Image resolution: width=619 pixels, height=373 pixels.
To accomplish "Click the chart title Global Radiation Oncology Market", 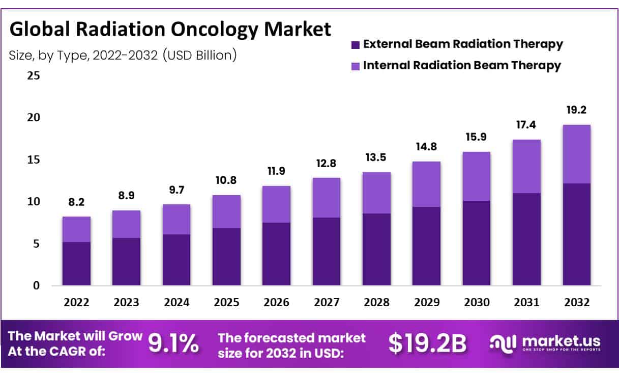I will click(x=170, y=30).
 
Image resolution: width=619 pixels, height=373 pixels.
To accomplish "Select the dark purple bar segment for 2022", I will click(x=76, y=263).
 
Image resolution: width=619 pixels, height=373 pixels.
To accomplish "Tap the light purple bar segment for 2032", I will click(x=576, y=154).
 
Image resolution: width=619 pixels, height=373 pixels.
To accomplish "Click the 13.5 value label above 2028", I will click(x=376, y=159).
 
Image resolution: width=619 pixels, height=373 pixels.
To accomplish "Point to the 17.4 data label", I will click(x=526, y=125).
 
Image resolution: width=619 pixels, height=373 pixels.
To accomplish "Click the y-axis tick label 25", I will click(x=33, y=76).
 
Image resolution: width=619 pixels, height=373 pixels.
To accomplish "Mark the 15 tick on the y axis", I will click(x=33, y=160).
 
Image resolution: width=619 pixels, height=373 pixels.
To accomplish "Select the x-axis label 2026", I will click(x=277, y=303).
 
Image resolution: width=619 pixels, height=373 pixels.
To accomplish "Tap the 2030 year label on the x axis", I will click(x=477, y=303).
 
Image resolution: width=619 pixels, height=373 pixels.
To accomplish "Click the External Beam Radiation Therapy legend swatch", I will click(x=355, y=44).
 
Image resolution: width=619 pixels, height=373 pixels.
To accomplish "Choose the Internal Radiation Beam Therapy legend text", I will click(x=462, y=65).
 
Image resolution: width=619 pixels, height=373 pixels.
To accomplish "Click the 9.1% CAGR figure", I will click(x=173, y=344).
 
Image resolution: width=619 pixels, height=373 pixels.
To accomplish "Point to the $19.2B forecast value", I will click(x=427, y=344).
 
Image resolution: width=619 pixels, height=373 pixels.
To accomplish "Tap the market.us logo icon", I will click(x=503, y=343).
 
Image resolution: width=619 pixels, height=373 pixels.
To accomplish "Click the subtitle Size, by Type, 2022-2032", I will click(x=123, y=55).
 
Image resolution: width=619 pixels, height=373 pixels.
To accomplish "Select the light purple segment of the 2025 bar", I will click(x=226, y=211).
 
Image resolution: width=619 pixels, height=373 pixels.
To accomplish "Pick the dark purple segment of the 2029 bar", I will click(x=427, y=246).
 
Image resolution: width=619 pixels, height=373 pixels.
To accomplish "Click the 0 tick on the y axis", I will click(x=36, y=286).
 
